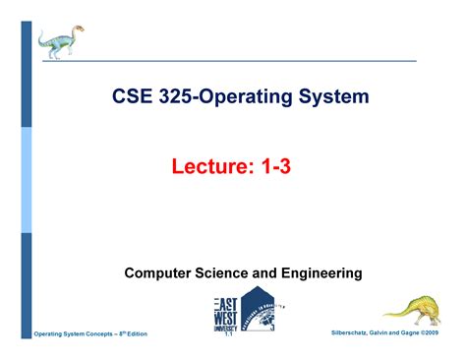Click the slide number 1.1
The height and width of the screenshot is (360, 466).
(225, 334)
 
